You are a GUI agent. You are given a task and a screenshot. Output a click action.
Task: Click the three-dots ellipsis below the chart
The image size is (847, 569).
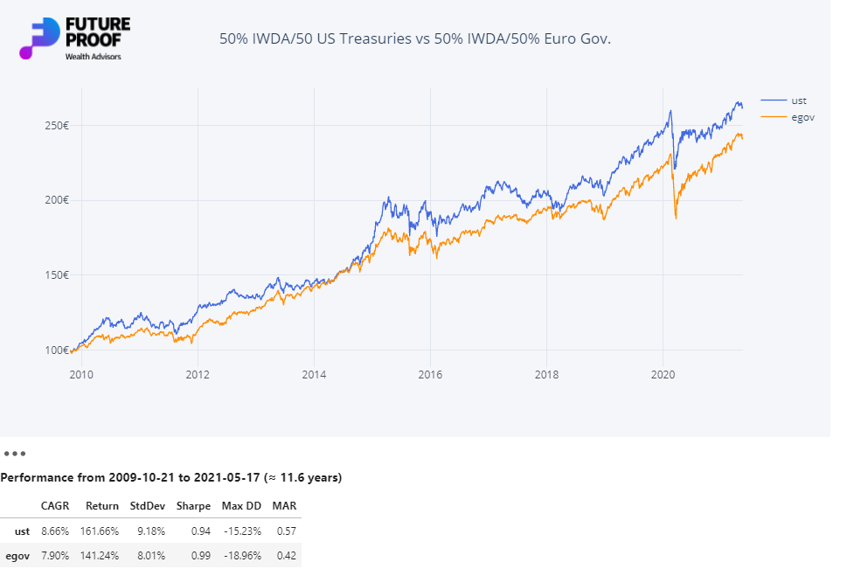tap(15, 454)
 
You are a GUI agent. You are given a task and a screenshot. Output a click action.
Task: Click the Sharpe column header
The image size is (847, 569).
tap(193, 506)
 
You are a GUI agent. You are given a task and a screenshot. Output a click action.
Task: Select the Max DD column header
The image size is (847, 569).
tap(241, 506)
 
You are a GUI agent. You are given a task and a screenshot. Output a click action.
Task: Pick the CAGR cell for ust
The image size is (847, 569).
tap(56, 531)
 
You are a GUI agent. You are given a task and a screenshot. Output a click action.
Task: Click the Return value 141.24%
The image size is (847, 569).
tap(101, 556)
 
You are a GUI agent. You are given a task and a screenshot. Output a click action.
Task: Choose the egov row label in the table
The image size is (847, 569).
tap(17, 556)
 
